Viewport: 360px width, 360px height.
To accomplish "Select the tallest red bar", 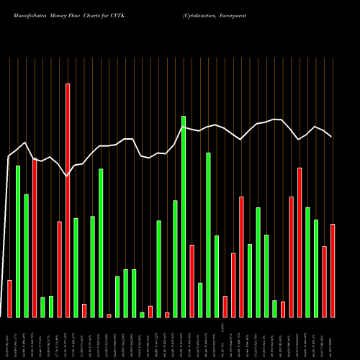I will point(68,200).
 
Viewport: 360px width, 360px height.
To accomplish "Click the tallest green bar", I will point(184,216).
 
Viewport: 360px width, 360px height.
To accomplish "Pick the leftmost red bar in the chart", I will point(9,298).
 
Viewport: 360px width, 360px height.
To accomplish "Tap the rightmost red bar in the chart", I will point(333,270).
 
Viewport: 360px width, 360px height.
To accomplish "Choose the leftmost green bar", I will point(18,241).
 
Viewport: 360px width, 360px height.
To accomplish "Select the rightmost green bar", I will point(316,268).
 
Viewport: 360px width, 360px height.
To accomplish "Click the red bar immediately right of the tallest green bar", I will point(192,281).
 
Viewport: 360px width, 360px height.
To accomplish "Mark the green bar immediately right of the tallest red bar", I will point(76,267).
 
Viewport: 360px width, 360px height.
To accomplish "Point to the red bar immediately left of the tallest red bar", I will point(59,269).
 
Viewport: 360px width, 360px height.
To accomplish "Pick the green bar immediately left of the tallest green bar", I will point(175,258).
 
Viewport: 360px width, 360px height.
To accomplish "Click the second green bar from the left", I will point(26,255).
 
